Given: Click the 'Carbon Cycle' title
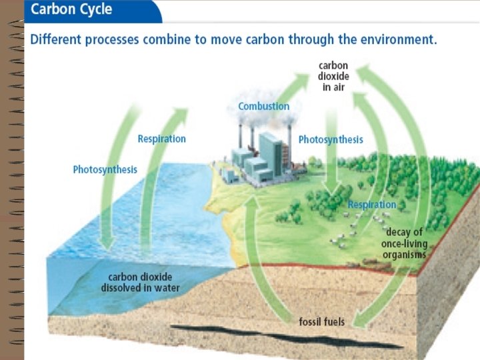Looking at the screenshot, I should [x=71, y=11].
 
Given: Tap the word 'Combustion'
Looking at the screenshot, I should [x=264, y=106].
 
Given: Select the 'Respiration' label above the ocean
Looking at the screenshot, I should [x=161, y=139].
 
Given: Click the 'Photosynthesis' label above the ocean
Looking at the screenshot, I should [x=105, y=169].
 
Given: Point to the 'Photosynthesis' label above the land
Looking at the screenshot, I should [x=331, y=139].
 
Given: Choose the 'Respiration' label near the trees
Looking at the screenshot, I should [x=372, y=204].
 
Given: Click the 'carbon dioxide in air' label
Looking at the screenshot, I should [x=333, y=76].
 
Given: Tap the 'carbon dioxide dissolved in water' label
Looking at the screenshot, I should [x=141, y=282].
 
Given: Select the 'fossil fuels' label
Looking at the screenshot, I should [x=321, y=323].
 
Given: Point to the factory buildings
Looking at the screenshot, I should [x=257, y=160].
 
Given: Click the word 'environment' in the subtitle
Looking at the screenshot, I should [x=399, y=39].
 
